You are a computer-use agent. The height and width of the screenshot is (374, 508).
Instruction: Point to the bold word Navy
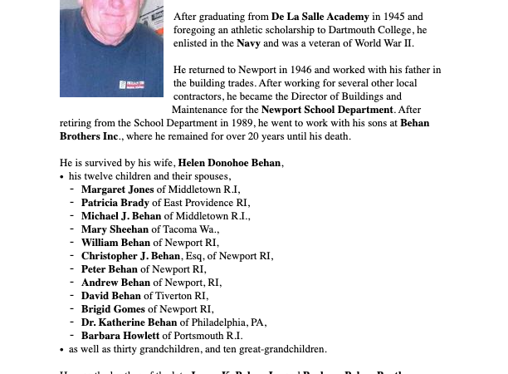pyautogui.click(x=249, y=43)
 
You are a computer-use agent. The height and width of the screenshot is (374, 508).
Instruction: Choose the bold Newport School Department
pyautogui.click(x=327, y=110)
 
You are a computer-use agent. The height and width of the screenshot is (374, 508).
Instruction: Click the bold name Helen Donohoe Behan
pyautogui.click(x=230, y=163)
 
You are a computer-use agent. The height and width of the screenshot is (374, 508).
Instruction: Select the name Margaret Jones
pyautogui.click(x=117, y=189)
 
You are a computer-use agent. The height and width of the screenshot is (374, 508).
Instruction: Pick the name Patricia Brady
pyautogui.click(x=115, y=203)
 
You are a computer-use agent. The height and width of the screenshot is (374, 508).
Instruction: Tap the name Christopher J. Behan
pyautogui.click(x=130, y=256)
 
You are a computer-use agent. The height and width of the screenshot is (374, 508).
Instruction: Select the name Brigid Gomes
pyautogui.click(x=113, y=309)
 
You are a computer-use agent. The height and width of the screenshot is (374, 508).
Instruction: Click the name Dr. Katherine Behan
pyautogui.click(x=129, y=322)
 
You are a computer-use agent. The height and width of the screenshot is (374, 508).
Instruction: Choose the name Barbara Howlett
pyautogui.click(x=120, y=336)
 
